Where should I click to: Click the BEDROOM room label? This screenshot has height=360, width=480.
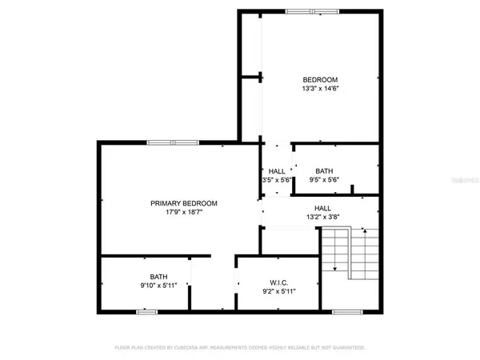tap(320, 79)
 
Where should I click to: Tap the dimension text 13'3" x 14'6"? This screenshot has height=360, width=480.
tap(320, 89)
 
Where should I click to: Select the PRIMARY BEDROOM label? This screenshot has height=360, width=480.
tap(184, 203)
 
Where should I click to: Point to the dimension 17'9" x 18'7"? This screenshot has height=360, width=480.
tap(184, 213)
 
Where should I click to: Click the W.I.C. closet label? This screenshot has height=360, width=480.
tap(278, 282)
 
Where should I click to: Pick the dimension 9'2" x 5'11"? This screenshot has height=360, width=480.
tap(278, 291)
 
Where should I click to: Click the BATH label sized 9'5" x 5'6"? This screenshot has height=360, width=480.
tap(324, 171)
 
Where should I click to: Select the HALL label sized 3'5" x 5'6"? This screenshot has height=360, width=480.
tap(277, 171)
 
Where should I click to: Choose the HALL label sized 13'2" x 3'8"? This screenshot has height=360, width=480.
tap(323, 207)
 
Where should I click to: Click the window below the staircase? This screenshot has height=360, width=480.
tap(346, 312)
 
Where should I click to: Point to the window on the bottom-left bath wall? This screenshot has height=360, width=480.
tap(146, 312)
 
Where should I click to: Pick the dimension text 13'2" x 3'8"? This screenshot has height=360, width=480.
tap(323, 216)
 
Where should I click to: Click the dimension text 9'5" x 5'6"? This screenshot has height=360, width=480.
tap(324, 181)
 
